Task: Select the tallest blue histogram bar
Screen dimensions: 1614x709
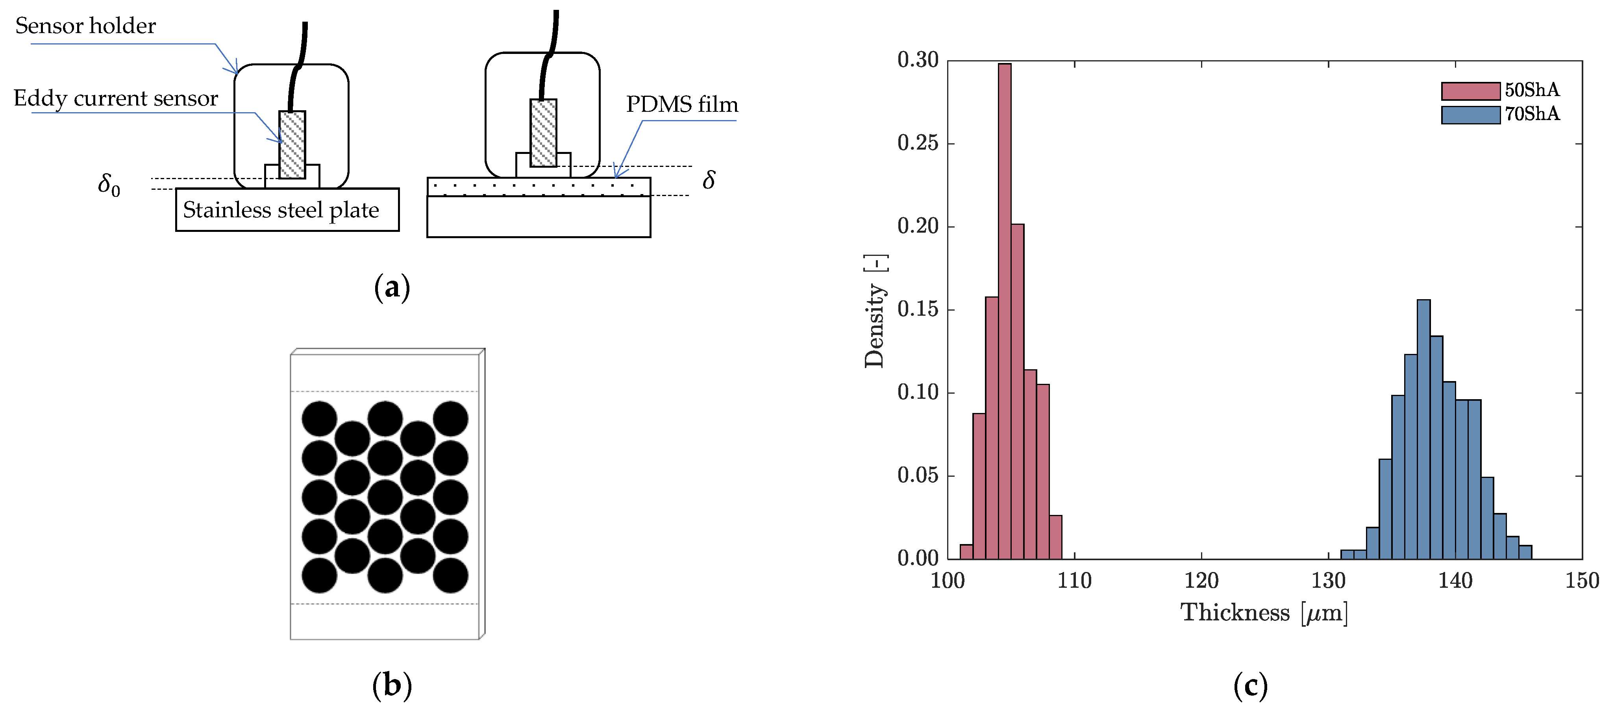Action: [1423, 429]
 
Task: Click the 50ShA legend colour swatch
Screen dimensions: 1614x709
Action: [1471, 91]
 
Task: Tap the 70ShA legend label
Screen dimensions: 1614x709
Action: [1532, 114]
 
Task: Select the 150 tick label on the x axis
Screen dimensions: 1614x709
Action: [1582, 581]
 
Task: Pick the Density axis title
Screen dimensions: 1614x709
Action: [875, 311]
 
